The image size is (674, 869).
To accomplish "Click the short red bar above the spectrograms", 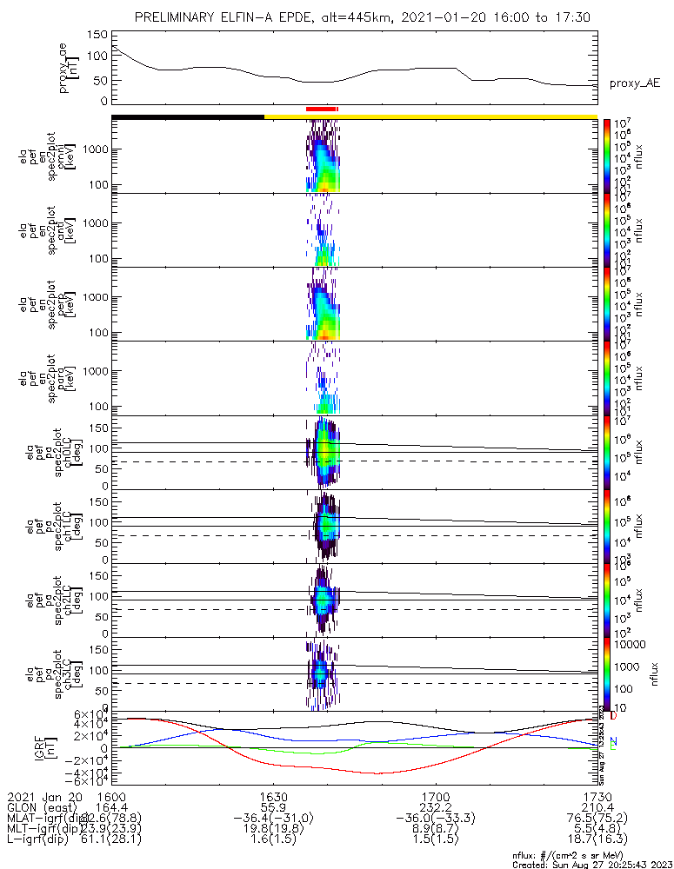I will [321, 109].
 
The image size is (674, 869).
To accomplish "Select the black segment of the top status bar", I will [187, 116].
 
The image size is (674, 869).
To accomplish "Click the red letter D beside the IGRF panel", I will [613, 716].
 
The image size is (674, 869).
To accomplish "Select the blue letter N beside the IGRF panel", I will [613, 740].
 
